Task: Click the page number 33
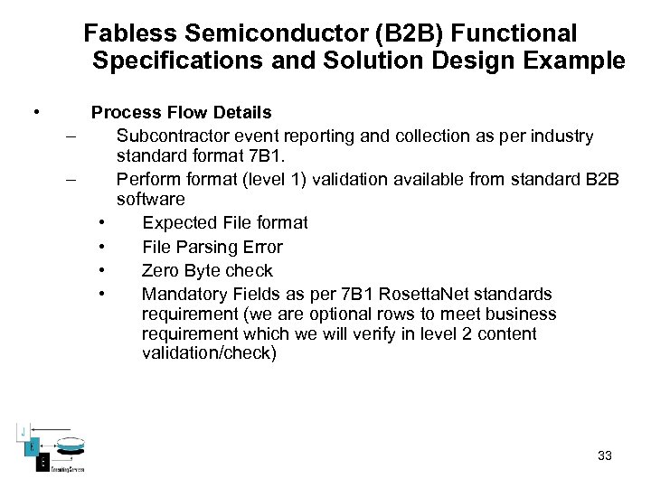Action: pos(605,455)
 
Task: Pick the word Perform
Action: pos(147,179)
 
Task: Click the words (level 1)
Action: pos(271,179)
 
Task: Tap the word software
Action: pos(150,199)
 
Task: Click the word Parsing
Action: pos(210,247)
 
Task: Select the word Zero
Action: pos(160,270)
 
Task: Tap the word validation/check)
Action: pos(209,353)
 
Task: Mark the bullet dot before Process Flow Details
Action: pos(35,113)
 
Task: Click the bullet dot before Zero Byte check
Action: pos(105,270)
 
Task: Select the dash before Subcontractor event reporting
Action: pos(71,136)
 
